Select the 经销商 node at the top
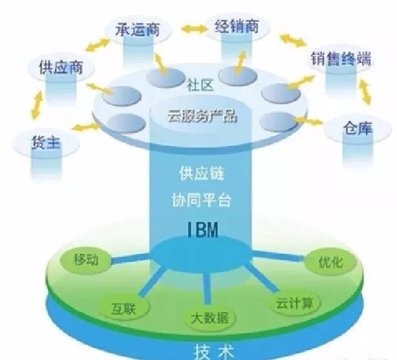pos(237,27)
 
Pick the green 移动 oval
pos(85,260)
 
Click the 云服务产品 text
pos(202,117)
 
